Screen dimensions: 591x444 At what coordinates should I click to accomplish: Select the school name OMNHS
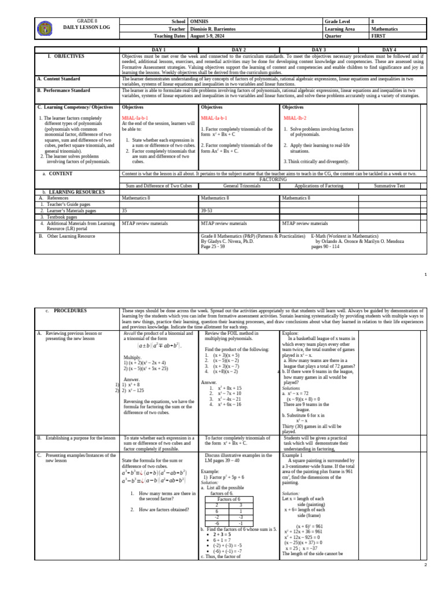[x=199, y=21]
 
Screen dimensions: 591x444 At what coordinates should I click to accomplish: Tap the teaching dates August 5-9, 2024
[x=209, y=35]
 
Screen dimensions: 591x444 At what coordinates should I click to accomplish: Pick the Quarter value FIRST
[x=379, y=35]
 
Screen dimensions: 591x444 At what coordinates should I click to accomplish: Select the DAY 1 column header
[x=158, y=50]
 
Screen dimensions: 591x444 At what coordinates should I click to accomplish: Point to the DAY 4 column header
[x=389, y=50]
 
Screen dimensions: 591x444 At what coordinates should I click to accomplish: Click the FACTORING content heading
[x=273, y=179]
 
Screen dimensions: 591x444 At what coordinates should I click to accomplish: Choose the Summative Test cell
[x=390, y=185]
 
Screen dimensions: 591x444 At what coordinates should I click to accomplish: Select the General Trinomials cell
[x=239, y=185]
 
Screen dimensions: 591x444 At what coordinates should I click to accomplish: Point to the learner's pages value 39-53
[x=207, y=211]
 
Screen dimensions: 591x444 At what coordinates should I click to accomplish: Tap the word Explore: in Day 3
[x=290, y=334]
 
